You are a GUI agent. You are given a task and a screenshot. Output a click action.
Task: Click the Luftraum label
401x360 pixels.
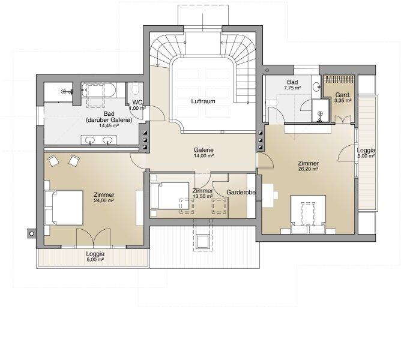point(203,101)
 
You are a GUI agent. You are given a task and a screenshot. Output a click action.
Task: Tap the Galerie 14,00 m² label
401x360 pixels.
point(204,152)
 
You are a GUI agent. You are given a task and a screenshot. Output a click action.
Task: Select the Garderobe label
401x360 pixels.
point(241,192)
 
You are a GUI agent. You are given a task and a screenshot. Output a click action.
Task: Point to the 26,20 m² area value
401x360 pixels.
point(309,169)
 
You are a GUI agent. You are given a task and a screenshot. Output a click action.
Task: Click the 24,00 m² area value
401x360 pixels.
point(104,200)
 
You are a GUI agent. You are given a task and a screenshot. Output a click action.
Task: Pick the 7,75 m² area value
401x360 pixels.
point(292,88)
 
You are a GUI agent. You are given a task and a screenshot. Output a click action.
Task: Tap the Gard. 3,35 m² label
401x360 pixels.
point(343,98)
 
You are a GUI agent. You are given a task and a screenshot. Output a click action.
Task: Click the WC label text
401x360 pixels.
point(137,103)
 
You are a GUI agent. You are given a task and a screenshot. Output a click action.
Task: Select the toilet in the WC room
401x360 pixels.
point(135,89)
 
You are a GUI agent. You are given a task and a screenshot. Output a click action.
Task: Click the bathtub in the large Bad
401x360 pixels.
point(98,90)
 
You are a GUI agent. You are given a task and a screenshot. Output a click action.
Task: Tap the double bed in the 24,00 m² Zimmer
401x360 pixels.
point(64,208)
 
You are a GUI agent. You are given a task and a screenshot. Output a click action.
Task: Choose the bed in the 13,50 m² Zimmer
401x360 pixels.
point(170,196)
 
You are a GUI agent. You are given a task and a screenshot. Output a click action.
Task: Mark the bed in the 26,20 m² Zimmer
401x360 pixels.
point(308,215)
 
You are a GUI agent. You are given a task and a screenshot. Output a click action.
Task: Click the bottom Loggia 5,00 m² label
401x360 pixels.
point(95,256)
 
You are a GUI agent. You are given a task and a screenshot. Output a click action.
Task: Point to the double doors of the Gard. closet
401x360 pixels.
point(343,119)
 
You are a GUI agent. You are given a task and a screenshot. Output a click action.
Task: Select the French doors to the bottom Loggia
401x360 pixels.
point(94,238)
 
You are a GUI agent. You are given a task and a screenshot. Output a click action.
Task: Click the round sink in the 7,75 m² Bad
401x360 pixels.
point(316,86)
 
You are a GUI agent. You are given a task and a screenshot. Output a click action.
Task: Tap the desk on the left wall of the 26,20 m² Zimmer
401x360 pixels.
point(268,195)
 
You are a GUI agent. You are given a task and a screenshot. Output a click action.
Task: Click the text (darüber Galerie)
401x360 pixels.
point(109,120)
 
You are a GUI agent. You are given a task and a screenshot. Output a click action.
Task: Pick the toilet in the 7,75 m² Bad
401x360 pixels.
point(273,103)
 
